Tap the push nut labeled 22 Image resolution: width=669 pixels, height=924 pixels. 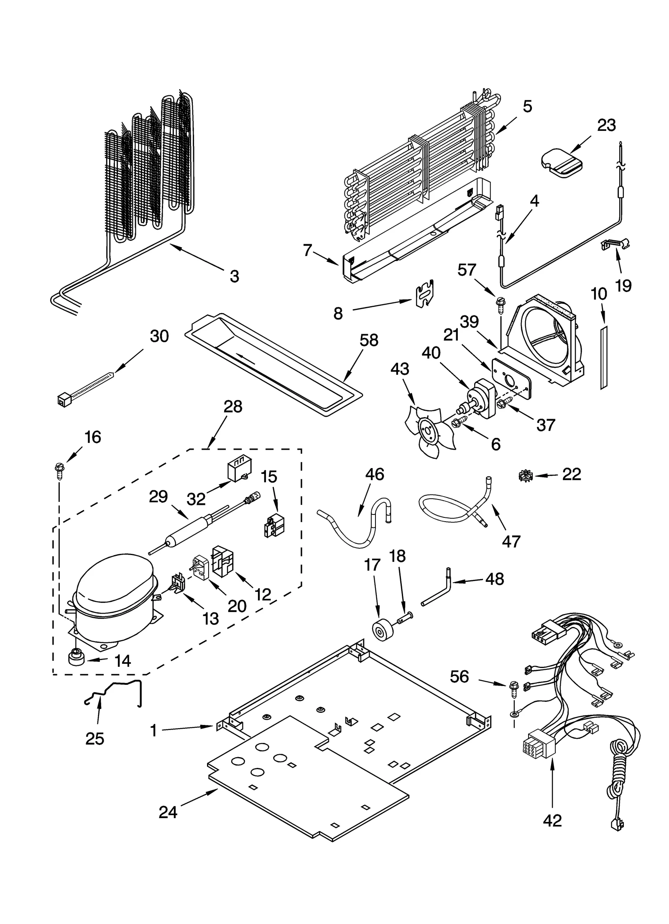point(525,475)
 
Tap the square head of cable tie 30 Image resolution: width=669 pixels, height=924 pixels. point(63,400)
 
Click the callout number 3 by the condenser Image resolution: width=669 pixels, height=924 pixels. point(234,276)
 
